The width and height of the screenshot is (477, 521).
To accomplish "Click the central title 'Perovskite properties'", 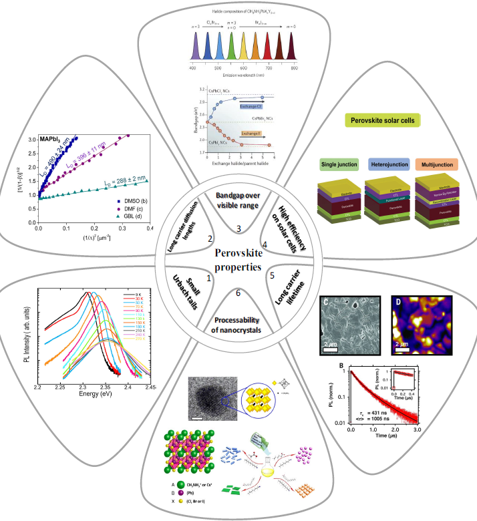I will [238, 261].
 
